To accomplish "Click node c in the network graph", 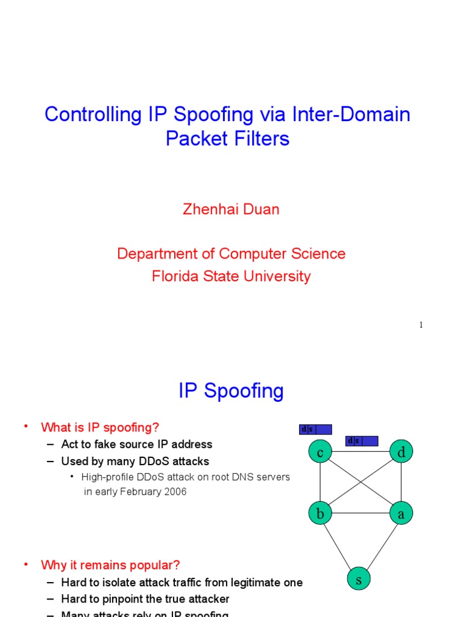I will tap(320, 452).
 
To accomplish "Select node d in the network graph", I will tap(401, 452).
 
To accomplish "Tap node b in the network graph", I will tap(320, 513).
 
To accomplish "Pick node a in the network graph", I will tap(401, 513).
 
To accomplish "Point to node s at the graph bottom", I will tap(359, 580).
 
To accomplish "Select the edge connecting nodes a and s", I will tap(381, 545).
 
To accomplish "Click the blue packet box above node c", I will tap(315, 430).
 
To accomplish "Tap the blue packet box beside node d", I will tap(362, 441).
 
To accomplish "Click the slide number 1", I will tap(421, 325).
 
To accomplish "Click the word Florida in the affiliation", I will tap(175, 277).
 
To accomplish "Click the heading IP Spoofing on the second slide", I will tap(231, 391).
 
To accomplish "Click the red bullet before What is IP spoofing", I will tap(26, 427).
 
